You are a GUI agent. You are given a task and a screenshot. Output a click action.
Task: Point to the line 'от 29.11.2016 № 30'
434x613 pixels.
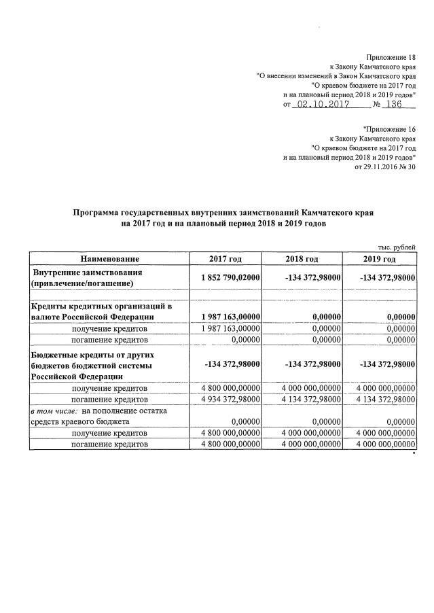385,167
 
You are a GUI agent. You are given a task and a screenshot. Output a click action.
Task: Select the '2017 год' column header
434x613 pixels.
226,259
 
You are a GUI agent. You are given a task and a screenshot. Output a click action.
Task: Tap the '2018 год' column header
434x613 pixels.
302,259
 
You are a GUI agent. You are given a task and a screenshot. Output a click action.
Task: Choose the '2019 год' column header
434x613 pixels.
380,259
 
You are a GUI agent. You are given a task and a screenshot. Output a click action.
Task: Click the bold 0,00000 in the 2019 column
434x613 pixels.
401,317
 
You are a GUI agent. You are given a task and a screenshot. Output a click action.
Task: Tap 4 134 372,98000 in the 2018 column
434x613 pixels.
305,398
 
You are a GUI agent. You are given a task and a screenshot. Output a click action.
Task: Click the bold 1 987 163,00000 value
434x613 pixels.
232,317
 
